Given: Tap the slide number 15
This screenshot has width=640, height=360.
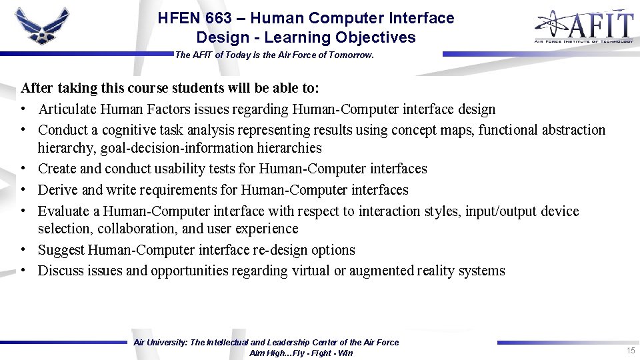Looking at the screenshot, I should coord(630,351).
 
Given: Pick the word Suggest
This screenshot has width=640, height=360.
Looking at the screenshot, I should coord(61,250).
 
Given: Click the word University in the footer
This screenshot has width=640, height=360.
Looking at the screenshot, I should coord(169,343).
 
